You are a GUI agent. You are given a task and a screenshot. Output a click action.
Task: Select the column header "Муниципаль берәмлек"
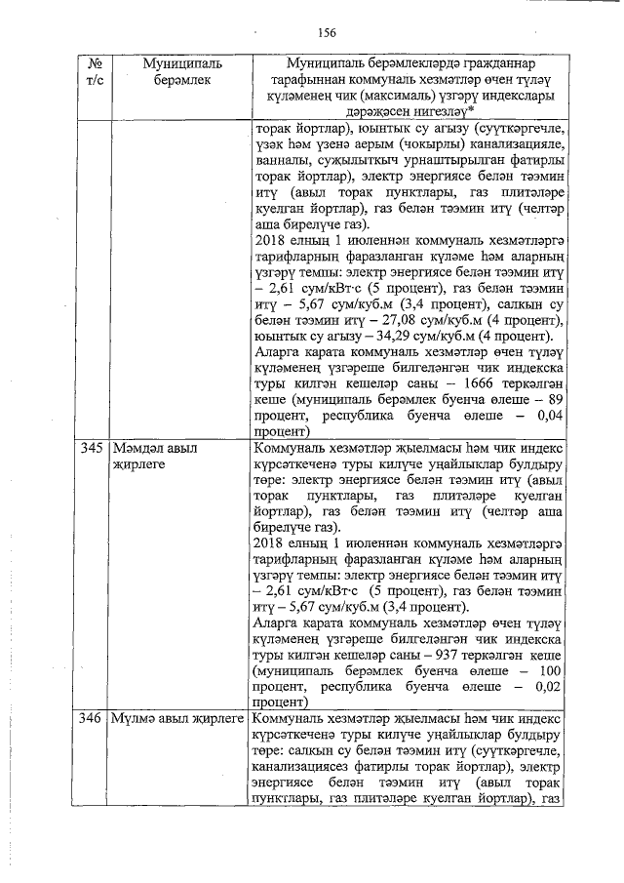pyautogui.click(x=181, y=71)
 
